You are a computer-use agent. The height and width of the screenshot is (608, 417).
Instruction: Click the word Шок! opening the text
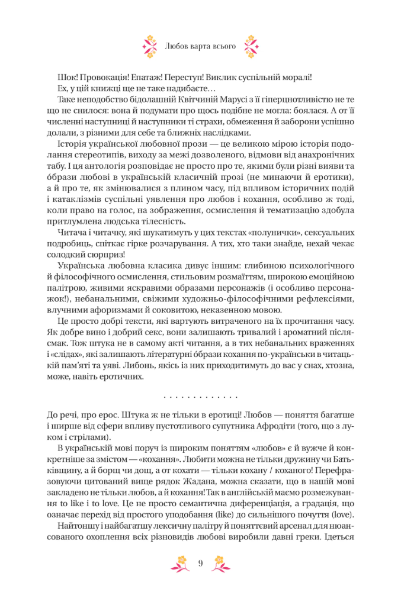tap(68, 78)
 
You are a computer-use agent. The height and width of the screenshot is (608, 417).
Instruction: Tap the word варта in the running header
tap(198, 46)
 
